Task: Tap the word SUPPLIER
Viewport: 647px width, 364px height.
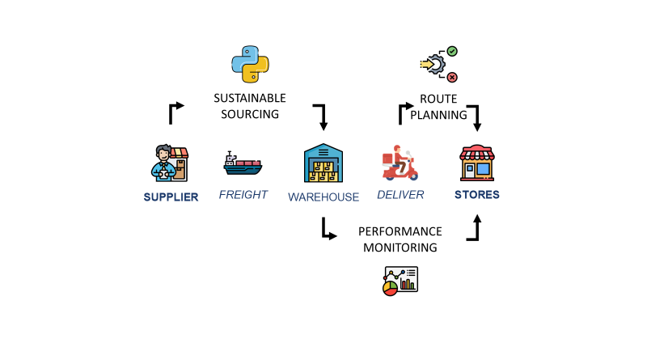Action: [171, 197]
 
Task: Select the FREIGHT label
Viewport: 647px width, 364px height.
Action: [243, 195]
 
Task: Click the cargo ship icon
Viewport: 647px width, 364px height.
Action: [243, 164]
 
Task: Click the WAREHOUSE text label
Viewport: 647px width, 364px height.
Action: [323, 197]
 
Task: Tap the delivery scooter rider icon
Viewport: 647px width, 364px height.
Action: [400, 164]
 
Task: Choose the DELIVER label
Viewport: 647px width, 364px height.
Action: [400, 195]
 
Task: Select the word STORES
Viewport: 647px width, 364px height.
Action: [477, 195]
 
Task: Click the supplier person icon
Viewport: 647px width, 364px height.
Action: [169, 163]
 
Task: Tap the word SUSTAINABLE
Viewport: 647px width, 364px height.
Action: [250, 98]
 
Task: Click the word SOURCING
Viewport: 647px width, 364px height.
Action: [250, 114]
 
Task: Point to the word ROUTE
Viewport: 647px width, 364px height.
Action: [439, 99]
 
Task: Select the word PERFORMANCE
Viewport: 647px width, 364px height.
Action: [400, 231]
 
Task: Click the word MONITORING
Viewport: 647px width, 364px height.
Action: [400, 248]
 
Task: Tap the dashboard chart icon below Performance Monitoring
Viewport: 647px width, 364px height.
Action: [400, 279]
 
